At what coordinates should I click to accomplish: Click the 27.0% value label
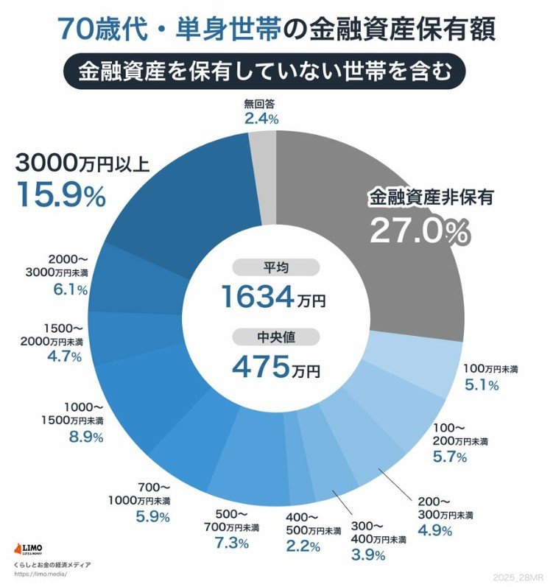pos(419,232)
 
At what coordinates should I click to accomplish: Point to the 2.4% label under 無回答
pos(261,117)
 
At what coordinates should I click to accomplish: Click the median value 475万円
pos(276,366)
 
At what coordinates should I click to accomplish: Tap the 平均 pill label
pos(276,267)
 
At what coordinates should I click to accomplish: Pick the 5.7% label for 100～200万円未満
pos(451,457)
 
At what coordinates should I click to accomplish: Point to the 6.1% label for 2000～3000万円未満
pos(69,290)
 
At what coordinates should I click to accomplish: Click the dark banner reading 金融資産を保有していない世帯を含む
pos(276,72)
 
